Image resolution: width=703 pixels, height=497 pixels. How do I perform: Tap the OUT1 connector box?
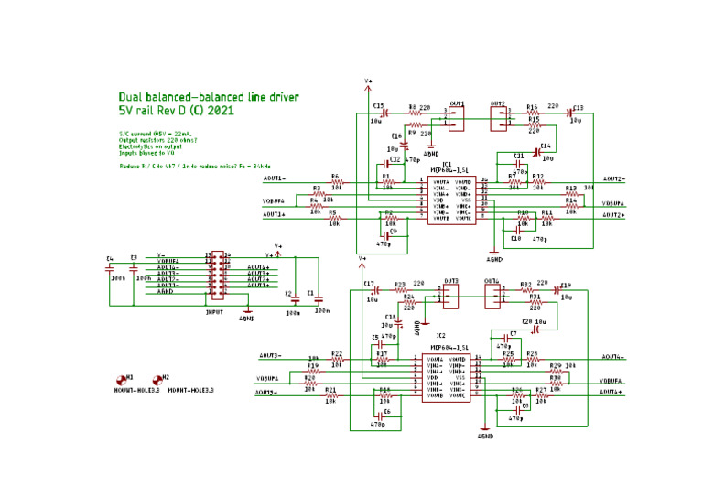pyautogui.click(x=457, y=118)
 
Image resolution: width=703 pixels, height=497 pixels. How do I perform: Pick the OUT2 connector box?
pyautogui.click(x=499, y=117)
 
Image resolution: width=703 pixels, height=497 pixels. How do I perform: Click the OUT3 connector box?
pyautogui.click(x=451, y=294)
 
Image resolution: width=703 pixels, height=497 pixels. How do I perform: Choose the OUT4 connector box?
pyautogui.click(x=493, y=294)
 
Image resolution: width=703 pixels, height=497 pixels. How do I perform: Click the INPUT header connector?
pyautogui.click(x=217, y=276)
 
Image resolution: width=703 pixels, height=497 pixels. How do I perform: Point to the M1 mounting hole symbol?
pyautogui.click(x=119, y=379)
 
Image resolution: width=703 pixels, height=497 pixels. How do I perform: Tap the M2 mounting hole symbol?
pyautogui.click(x=157, y=379)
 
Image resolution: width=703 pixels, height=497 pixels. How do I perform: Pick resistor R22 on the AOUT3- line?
pyautogui.click(x=337, y=360)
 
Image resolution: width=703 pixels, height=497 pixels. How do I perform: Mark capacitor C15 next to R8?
pyautogui.click(x=384, y=113)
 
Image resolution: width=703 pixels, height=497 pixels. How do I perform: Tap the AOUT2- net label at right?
pyautogui.click(x=613, y=179)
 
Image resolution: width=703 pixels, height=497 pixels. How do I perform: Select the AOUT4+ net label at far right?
pyautogui.click(x=611, y=392)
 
